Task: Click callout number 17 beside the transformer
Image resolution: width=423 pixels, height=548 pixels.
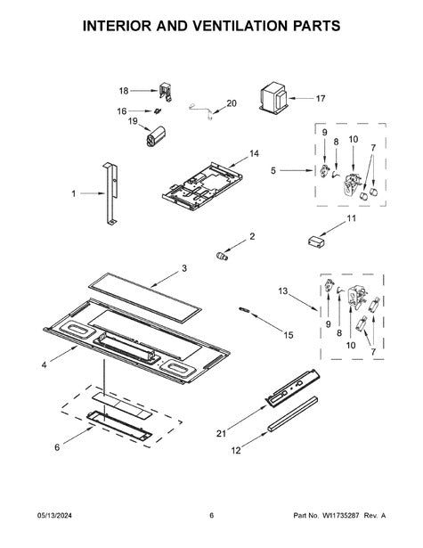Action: pos(321,99)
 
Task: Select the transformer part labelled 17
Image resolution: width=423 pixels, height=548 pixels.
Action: pos(273,97)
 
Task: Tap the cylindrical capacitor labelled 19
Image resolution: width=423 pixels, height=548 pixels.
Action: pos(156,136)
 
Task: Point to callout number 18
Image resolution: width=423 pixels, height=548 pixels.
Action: pos(124,91)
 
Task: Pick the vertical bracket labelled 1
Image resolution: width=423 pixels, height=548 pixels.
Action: pos(110,193)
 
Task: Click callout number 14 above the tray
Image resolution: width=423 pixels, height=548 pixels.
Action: pos(255,153)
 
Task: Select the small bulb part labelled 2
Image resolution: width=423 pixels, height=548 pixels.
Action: pos(221,256)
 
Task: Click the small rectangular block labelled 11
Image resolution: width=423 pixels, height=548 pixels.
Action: pos(316,241)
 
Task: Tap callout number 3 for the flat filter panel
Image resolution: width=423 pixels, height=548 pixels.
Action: pos(184,268)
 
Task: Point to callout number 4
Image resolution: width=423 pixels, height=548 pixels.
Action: pos(44,365)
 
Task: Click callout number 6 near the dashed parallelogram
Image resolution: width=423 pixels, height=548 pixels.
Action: pos(57,447)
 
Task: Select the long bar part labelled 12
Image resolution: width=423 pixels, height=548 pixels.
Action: pos(293,413)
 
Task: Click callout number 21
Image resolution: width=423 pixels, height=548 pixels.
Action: pos(222,433)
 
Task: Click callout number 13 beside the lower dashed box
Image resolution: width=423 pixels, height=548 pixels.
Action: pos(283,290)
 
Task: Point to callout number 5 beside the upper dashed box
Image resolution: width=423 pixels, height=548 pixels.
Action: pos(273,170)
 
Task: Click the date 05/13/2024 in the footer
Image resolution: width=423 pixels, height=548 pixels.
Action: pos(54,516)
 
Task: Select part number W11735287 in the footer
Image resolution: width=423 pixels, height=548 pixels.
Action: pos(340,516)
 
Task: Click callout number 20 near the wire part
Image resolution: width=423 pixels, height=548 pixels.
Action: pos(232,103)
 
